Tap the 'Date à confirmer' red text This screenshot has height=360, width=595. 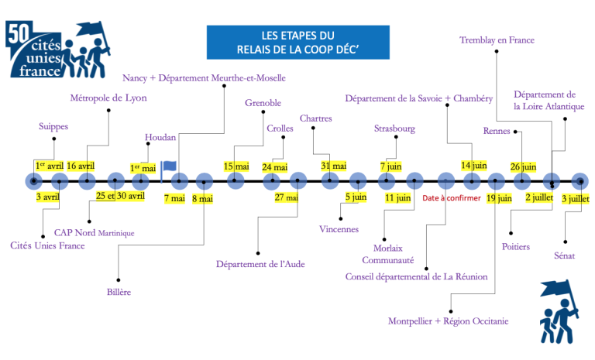[x=452, y=198]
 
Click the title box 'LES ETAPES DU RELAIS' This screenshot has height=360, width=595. [x=297, y=42]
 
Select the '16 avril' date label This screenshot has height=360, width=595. [x=81, y=166]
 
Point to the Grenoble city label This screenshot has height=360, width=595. [x=263, y=103]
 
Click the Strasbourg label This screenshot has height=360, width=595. [x=394, y=129]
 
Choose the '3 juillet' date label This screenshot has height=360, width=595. [x=576, y=199]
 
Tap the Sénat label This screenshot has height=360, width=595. [x=564, y=255]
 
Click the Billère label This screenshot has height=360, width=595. [x=119, y=292]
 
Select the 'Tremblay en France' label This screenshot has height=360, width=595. [x=497, y=39]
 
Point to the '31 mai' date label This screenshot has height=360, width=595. [x=334, y=166]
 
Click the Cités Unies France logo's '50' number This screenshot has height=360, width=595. [x=19, y=33]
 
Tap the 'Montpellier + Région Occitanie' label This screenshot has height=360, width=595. [x=448, y=321]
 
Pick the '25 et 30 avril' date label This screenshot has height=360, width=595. [x=120, y=196]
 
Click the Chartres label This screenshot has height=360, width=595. [x=316, y=118]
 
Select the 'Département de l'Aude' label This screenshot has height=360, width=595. [x=260, y=264]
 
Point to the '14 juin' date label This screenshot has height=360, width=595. [x=474, y=166]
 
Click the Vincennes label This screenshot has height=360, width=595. [x=339, y=229]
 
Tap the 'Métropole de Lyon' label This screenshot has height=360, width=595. [x=108, y=98]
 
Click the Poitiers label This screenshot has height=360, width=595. [x=516, y=246]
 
